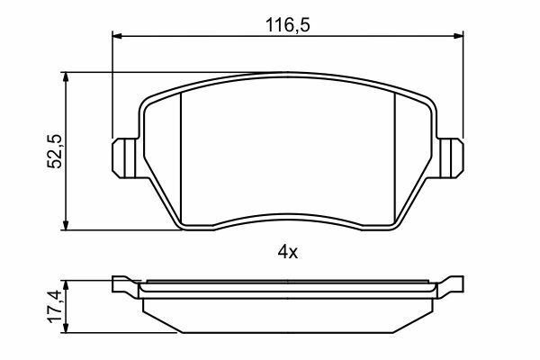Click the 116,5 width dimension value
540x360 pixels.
pos(288,25)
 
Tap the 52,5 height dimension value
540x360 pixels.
pos(55,151)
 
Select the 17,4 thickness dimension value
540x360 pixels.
pos(55,307)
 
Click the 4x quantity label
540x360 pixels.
pos(288,253)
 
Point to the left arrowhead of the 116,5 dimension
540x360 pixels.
pos(117,36)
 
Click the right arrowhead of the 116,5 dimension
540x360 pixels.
pos(458,36)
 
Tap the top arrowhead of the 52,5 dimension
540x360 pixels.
pos(66,77)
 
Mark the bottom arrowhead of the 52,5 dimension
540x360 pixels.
pos(66,225)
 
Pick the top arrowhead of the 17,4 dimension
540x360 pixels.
pos(66,285)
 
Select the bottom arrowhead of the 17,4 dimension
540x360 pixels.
pos(66,328)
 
